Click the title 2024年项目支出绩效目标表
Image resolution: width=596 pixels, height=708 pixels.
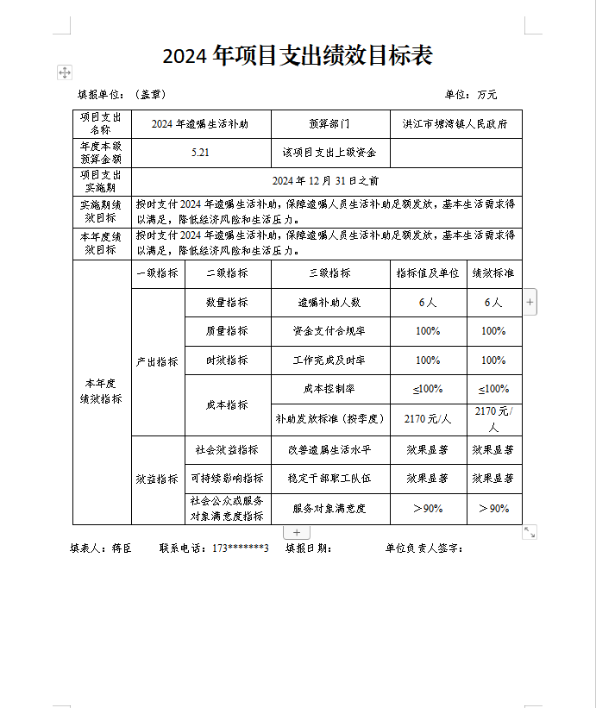298,56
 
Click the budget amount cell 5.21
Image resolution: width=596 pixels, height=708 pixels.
201,153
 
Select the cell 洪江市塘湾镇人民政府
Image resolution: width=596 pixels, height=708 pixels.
455,123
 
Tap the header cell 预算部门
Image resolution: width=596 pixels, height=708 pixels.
329,123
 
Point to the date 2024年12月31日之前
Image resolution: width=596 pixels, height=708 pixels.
325,181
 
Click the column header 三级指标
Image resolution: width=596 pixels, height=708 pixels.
329,273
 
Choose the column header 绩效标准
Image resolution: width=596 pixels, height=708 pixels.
493,273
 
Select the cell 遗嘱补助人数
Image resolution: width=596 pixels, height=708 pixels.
329,303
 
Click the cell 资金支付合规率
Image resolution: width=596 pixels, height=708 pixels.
329,331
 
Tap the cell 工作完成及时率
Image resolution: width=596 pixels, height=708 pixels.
329,360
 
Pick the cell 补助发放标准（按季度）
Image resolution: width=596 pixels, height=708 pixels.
329,419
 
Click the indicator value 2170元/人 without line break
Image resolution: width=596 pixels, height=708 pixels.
428,419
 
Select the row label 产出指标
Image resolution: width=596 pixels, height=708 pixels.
157,361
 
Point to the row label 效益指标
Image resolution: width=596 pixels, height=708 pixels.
157,479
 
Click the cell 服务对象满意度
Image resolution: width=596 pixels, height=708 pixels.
329,509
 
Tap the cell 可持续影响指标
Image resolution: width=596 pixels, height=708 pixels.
227,479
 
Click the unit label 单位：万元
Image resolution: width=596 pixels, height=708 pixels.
471,94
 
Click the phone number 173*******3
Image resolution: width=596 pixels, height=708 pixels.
241,548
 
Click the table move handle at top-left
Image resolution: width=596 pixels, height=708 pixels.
65,72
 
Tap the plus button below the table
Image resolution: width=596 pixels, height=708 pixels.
296,533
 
